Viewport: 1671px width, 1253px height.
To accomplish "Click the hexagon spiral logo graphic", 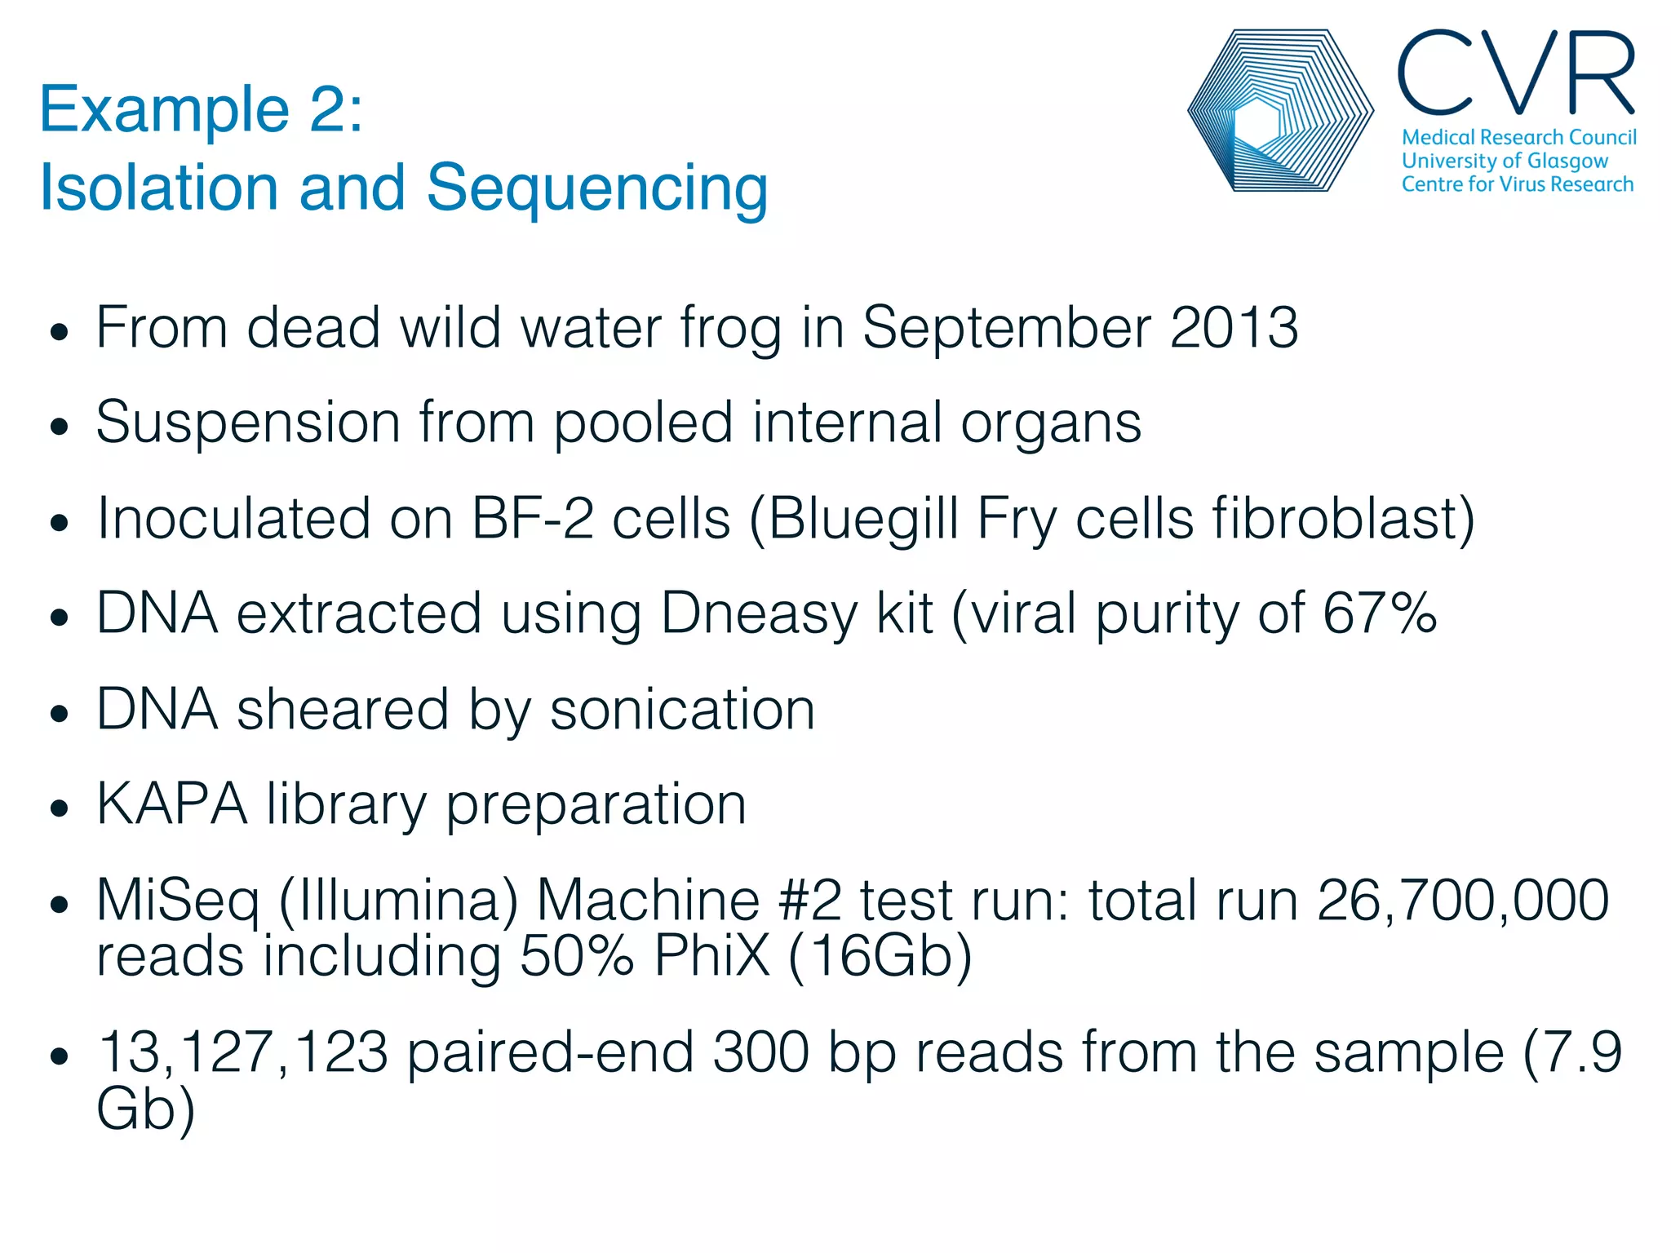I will [1279, 111].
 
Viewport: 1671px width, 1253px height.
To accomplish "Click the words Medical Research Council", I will [1518, 137].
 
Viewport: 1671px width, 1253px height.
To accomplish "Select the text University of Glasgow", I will [1504, 161].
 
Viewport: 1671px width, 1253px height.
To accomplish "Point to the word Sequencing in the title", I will [596, 188].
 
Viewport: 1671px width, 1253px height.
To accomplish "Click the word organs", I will [1050, 423].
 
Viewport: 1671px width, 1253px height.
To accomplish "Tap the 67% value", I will [1379, 613].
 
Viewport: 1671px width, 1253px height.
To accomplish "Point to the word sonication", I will [682, 709].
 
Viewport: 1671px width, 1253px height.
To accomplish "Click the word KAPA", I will [171, 804].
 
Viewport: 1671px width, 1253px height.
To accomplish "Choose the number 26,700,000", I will [1462, 901].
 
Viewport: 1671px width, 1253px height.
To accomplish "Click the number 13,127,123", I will [242, 1052].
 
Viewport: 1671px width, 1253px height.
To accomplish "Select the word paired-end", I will [550, 1052].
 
